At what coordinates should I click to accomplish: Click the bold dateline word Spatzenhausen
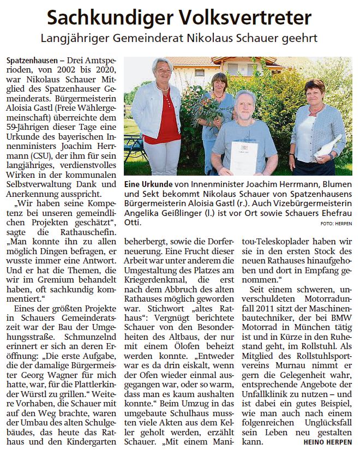click(29, 58)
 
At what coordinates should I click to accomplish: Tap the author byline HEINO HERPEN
click(328, 442)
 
